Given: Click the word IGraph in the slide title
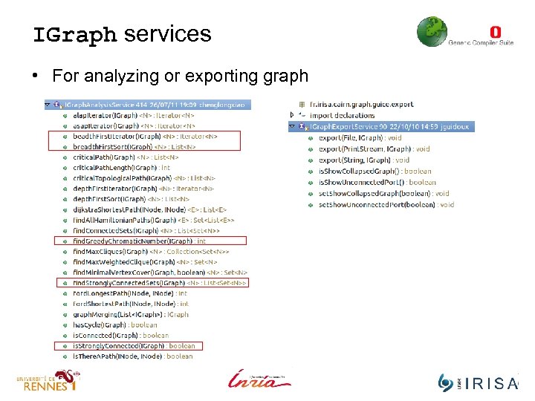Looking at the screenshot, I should coord(74,34).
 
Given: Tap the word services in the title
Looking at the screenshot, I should coord(168,34).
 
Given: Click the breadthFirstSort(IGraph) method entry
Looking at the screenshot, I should coord(134,147).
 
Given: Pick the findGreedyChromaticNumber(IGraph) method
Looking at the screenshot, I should coord(139,241).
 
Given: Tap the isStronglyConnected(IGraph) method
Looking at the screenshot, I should coord(134,345).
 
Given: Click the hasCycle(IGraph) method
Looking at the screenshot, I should coord(114,325).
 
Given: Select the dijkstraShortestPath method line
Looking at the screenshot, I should coord(149,209).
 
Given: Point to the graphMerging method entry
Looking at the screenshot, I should coord(131,314).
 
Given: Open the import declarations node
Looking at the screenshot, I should coord(341,116).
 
